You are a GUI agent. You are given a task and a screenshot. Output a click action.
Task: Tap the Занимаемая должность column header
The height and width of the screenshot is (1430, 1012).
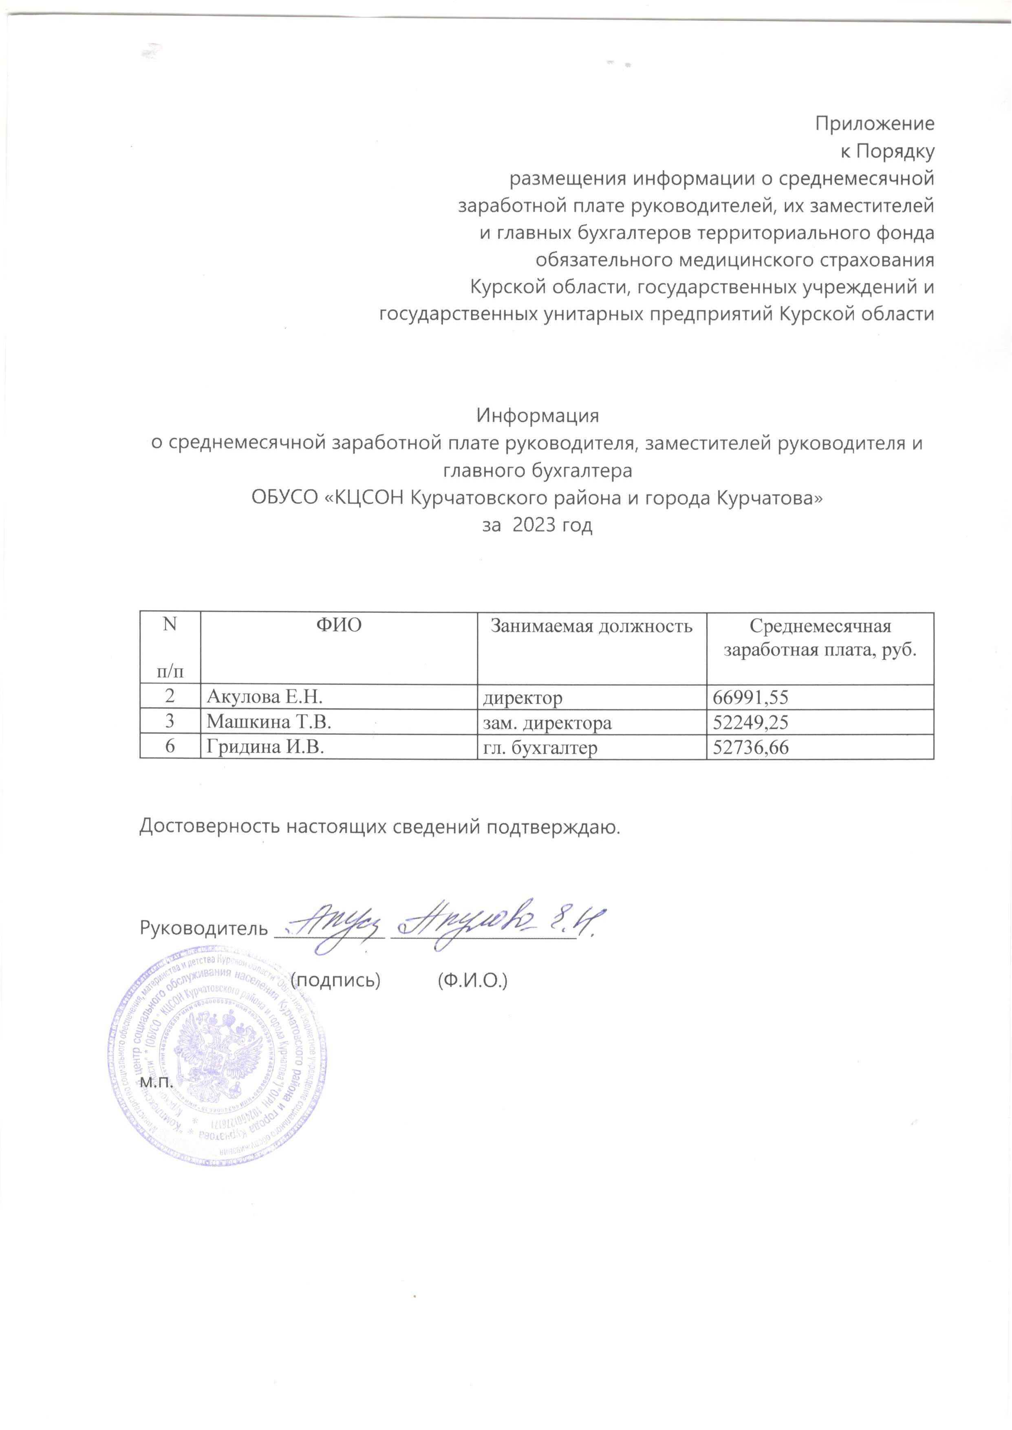tap(591, 625)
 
